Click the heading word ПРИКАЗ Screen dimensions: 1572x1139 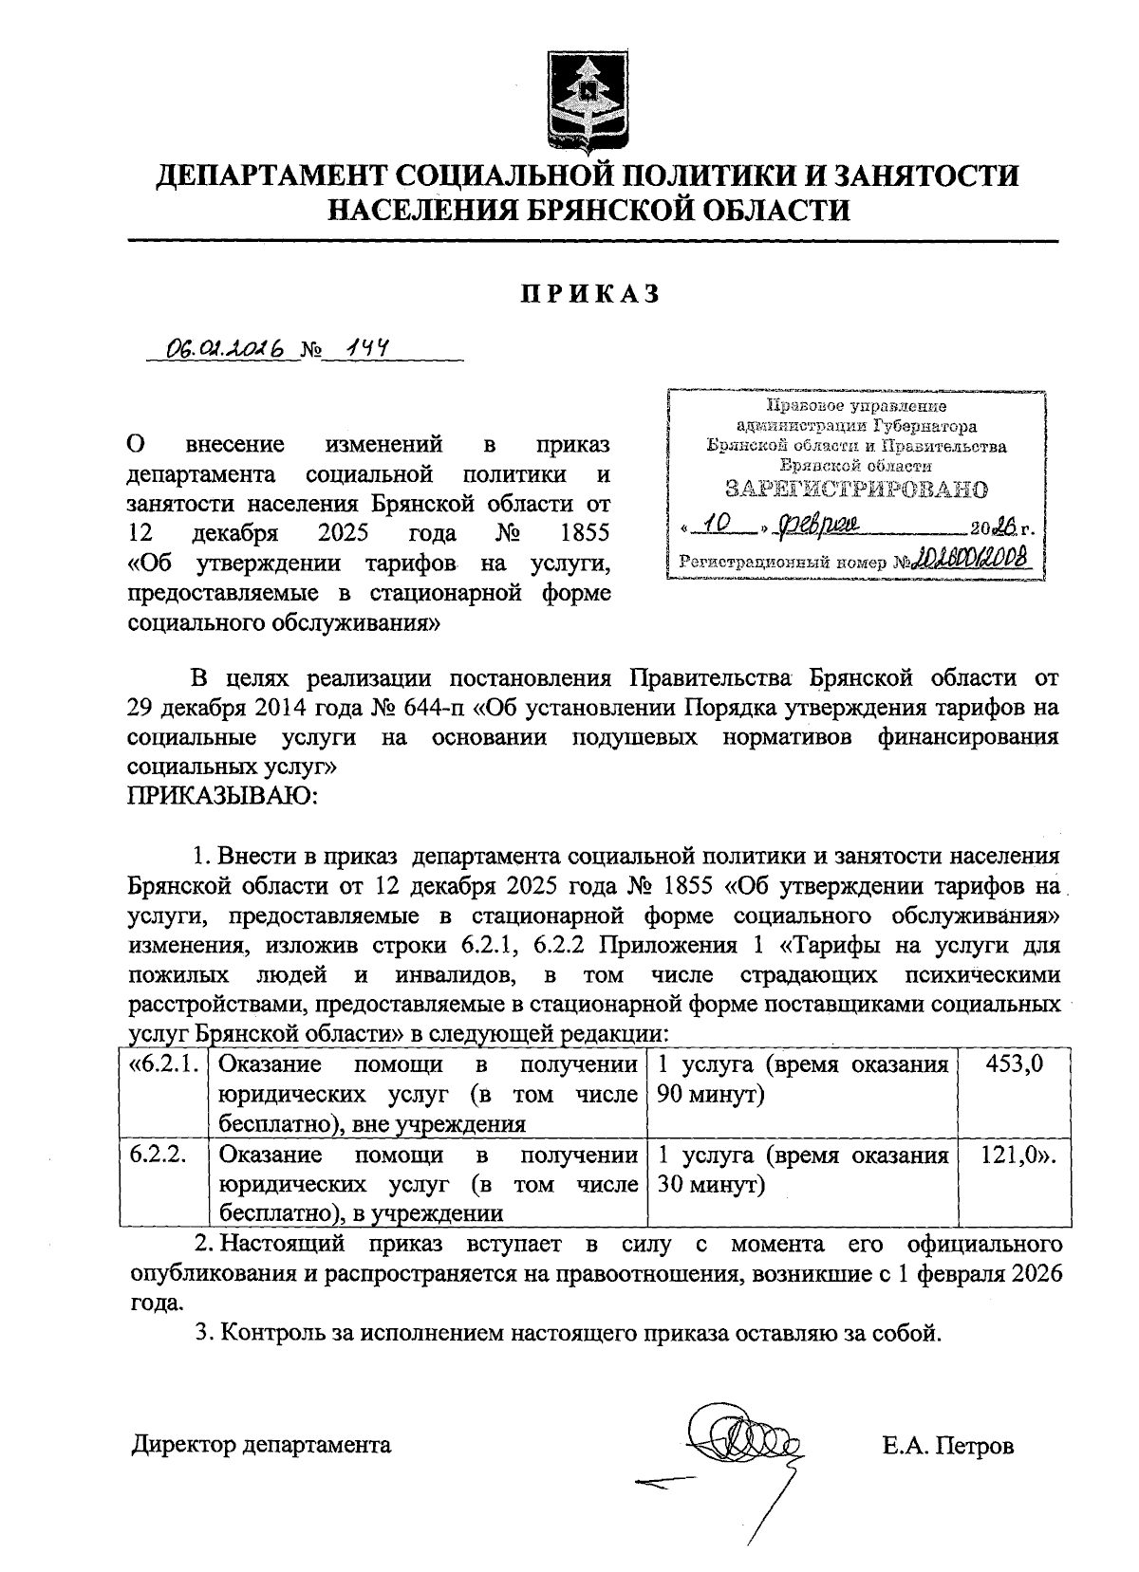pos(588,294)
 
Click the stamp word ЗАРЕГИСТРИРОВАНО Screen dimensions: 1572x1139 pos(855,490)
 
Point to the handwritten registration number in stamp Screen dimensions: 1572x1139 pos(972,561)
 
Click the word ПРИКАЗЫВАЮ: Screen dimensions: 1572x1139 pos(223,795)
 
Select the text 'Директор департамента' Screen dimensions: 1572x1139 pos(261,1445)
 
